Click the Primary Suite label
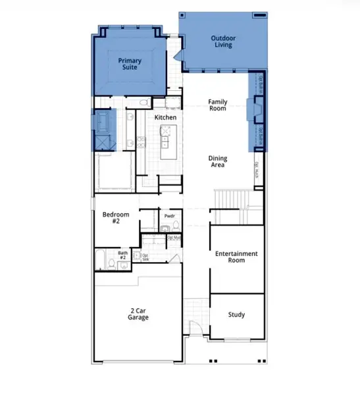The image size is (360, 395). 130,64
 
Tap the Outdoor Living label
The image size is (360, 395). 224,42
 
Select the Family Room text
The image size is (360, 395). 217,105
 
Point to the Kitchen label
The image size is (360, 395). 165,117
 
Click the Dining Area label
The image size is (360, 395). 218,161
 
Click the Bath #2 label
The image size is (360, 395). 123,255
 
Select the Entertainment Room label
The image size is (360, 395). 236,257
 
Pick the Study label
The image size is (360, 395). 236,315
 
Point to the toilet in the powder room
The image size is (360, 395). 166,228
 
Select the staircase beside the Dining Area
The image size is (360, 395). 232,197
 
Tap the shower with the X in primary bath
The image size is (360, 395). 104,144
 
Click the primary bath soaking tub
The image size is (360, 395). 104,122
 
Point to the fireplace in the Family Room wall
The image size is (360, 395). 253,109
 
